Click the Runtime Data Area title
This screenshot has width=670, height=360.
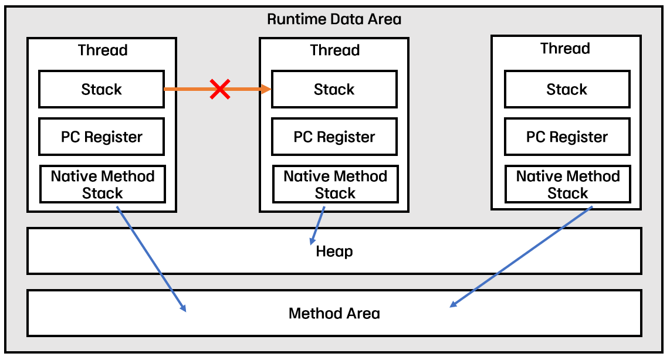334,19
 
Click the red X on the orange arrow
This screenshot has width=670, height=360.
220,89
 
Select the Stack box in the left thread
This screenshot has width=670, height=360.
101,89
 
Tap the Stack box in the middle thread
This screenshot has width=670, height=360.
334,89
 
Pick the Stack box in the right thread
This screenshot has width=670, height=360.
567,89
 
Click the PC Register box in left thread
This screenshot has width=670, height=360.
101,137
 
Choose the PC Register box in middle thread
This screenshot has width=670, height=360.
334,137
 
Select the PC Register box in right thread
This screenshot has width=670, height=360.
567,137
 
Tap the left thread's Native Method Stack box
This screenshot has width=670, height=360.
102,184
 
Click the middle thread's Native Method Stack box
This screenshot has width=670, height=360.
335,184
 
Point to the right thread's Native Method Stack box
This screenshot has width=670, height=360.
567,184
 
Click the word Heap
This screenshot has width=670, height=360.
334,252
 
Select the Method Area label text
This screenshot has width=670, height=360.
334,313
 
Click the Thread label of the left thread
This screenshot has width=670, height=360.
103,50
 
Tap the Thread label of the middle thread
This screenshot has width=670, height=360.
334,50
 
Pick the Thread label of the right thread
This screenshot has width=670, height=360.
565,48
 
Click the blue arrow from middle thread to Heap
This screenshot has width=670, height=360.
317,226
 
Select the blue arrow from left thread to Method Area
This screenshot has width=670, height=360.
151,259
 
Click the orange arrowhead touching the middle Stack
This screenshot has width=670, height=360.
266,89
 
